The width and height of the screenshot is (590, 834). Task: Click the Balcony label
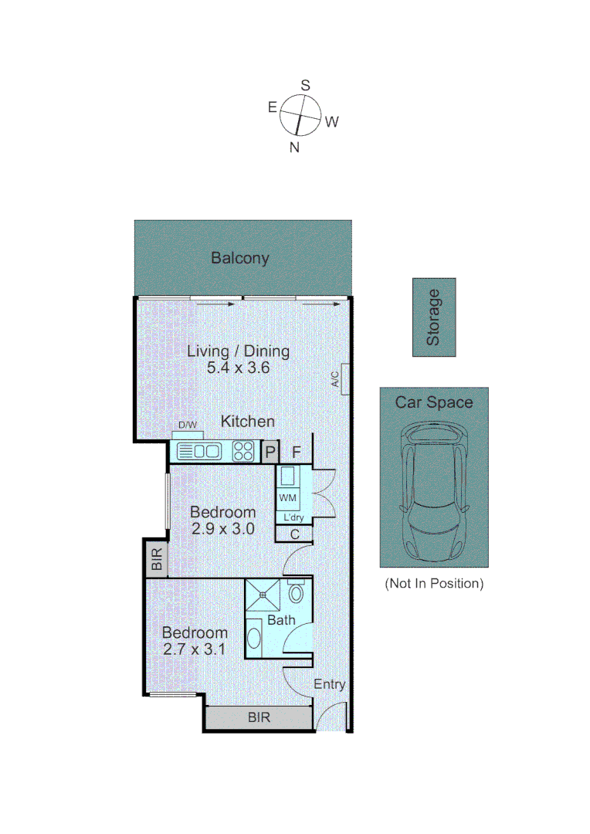click(x=240, y=258)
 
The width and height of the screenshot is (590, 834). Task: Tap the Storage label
click(x=434, y=317)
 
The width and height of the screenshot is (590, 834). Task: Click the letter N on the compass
click(x=293, y=147)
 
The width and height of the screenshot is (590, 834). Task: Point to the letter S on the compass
click(x=305, y=86)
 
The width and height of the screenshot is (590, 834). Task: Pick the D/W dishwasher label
click(x=188, y=425)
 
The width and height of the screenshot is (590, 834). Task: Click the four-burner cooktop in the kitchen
click(x=243, y=451)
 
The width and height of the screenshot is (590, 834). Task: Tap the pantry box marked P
click(x=270, y=452)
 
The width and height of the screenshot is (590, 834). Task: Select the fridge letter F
click(x=297, y=452)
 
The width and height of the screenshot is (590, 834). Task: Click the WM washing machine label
click(x=287, y=497)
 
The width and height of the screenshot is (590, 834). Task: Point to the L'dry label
click(x=293, y=517)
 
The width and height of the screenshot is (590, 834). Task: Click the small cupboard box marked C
click(x=294, y=534)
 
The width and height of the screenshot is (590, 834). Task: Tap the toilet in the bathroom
click(x=294, y=594)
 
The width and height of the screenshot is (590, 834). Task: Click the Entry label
click(x=329, y=684)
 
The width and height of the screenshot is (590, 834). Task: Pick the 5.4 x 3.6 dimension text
click(x=238, y=368)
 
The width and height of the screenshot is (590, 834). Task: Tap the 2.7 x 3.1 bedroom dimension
click(x=194, y=649)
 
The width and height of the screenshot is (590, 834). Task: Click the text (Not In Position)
click(x=434, y=583)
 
